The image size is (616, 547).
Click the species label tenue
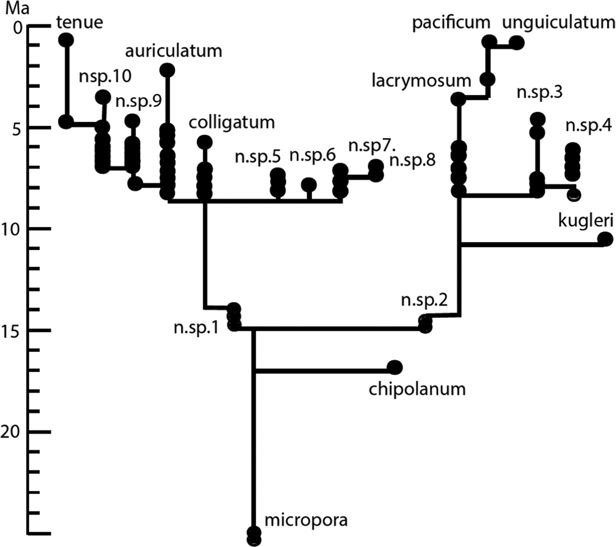[x=80, y=23]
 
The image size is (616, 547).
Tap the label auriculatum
[x=174, y=51]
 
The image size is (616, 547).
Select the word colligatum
[x=232, y=123]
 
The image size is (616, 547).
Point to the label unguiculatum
[x=558, y=23]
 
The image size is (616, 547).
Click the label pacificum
[x=451, y=23]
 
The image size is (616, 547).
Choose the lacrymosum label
[x=421, y=81]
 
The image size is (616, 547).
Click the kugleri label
[x=586, y=221]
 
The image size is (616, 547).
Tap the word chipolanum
[x=417, y=389]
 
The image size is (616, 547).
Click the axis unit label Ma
[x=17, y=8]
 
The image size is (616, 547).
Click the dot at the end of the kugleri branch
[x=605, y=240]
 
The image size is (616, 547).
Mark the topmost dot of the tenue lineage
[x=66, y=40]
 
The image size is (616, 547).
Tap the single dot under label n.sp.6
[x=309, y=185]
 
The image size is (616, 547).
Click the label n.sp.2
[x=424, y=301]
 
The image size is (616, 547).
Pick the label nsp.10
[x=105, y=76]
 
